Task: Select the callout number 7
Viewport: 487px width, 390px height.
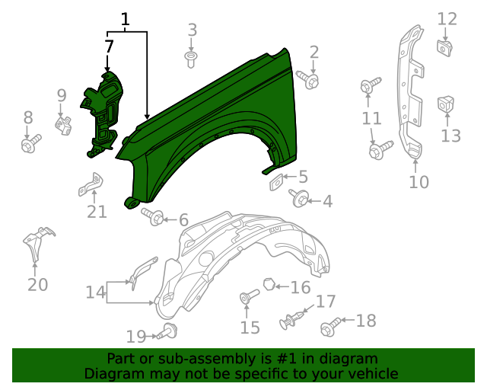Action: point(110,46)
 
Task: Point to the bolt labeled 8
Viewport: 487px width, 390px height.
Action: point(31,142)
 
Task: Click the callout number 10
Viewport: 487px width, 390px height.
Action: point(419,182)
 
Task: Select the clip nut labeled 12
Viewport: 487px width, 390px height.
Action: point(445,47)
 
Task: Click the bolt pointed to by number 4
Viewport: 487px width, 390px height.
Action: point(299,200)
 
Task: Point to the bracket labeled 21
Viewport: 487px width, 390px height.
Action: point(91,184)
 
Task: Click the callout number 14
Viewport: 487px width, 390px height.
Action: point(95,292)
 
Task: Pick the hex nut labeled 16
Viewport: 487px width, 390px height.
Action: point(269,285)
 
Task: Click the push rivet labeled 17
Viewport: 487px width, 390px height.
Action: point(293,321)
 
